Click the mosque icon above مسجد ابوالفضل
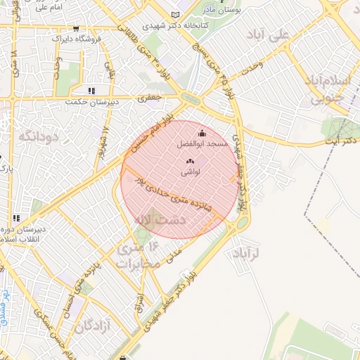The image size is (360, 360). (x=202, y=134)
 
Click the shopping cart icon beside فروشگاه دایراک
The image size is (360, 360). (x=76, y=30)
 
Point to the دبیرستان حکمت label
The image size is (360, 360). (x=90, y=101)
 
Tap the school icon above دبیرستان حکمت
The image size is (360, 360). (x=91, y=91)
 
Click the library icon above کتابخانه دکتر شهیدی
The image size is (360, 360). (x=175, y=15)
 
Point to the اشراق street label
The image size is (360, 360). (x=138, y=302)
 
